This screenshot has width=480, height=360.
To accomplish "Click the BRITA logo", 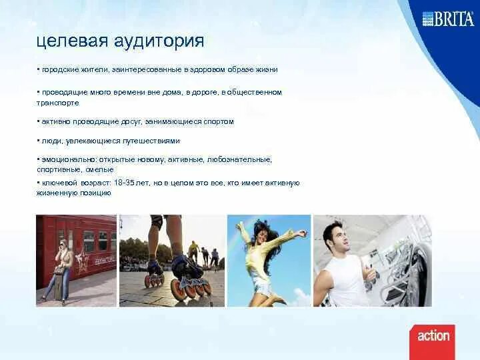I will [447, 18].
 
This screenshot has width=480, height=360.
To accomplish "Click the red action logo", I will [433, 335].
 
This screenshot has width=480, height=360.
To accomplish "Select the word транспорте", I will [57, 103].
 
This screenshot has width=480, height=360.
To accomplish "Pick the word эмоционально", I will [67, 160].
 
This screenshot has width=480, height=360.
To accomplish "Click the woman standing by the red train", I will [59, 270].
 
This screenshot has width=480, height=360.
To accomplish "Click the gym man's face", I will [335, 237].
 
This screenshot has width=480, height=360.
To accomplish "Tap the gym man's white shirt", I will [347, 280].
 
